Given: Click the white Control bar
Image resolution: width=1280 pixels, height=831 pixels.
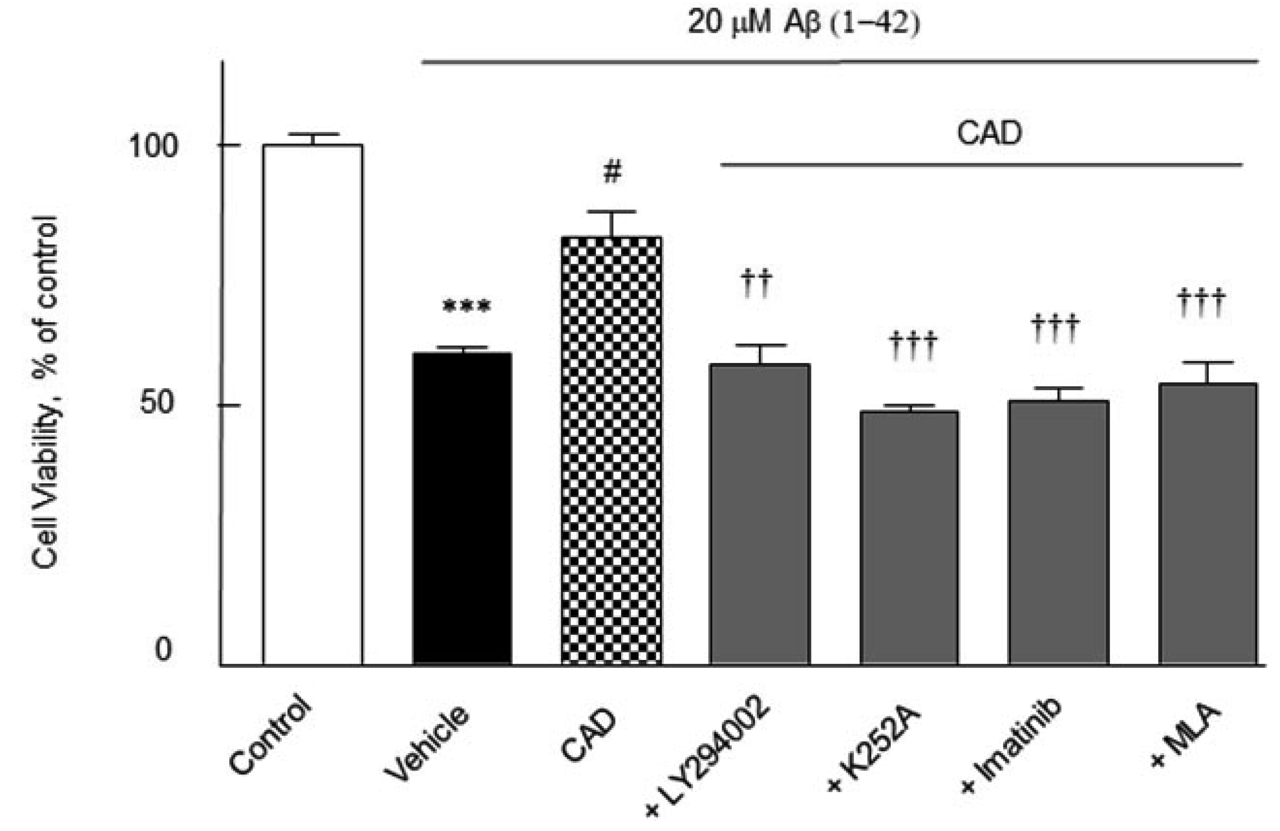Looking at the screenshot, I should (313, 404).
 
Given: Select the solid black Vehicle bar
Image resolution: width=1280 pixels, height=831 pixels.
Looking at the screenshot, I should (462, 509).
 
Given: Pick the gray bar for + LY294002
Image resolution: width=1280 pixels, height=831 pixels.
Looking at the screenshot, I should (759, 514).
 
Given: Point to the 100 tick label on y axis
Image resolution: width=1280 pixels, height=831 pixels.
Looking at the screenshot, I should (153, 146).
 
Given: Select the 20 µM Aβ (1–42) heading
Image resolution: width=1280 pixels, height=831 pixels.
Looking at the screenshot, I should (803, 24).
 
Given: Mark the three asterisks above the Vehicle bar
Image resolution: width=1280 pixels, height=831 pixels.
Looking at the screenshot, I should (466, 307).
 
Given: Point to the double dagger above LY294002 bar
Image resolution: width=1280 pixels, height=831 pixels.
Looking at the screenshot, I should (756, 284).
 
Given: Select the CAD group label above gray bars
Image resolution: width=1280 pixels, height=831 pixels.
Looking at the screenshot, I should (989, 133).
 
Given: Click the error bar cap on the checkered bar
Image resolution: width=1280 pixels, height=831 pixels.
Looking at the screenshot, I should (611, 212).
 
